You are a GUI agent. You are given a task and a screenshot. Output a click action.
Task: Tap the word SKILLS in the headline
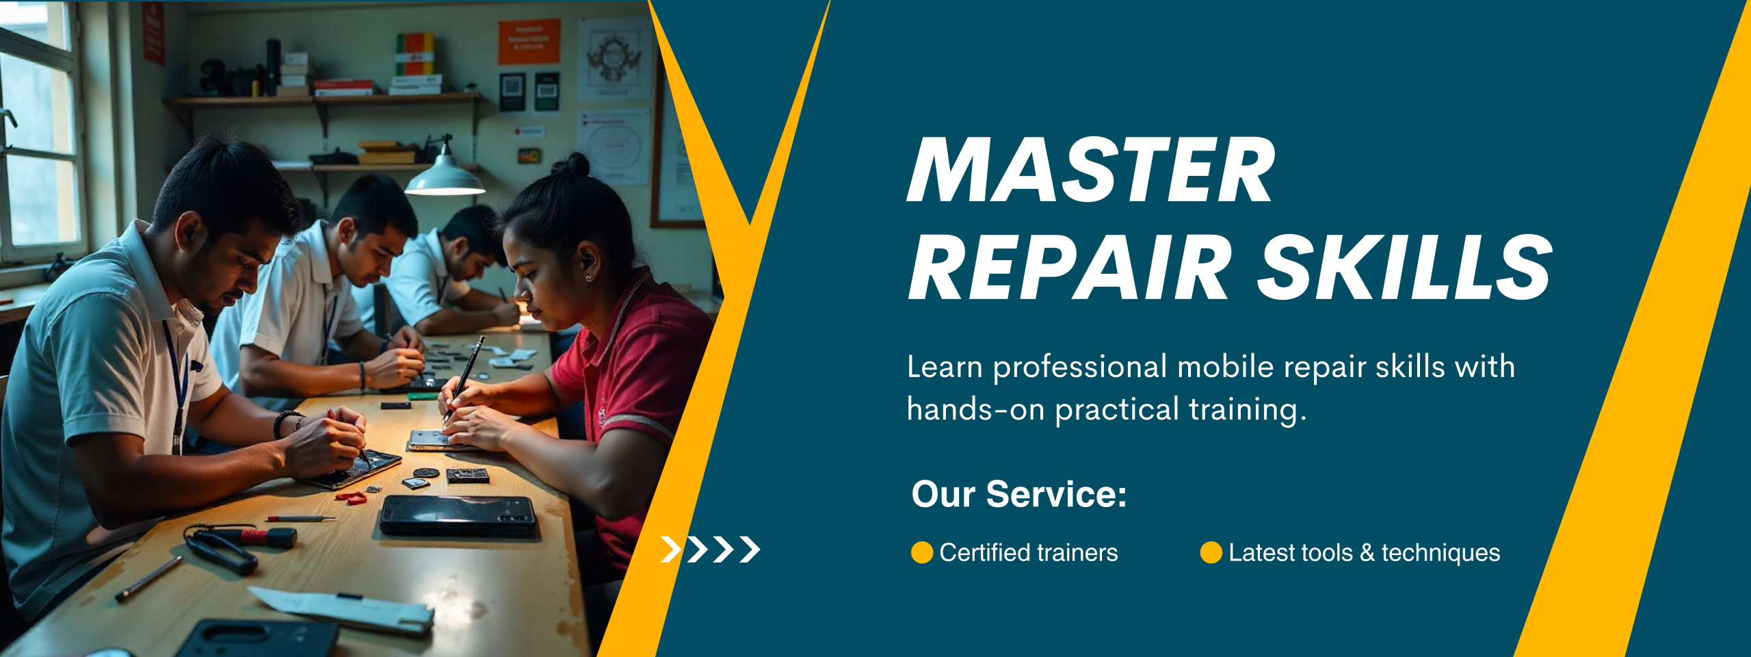1405,267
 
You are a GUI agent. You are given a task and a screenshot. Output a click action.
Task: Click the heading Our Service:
1019,494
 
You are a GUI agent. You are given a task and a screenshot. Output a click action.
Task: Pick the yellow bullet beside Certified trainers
922,552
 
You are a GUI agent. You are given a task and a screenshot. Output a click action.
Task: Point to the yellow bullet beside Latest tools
1211,552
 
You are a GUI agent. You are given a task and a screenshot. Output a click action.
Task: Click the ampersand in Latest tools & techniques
1367,552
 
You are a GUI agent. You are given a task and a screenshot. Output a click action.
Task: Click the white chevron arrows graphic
711,549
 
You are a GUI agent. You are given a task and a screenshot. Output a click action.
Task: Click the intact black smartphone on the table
458,515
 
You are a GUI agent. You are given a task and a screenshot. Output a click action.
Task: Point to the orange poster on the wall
529,42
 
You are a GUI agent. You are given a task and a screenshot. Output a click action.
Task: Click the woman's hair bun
572,165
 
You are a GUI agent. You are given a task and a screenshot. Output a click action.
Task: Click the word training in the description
1248,409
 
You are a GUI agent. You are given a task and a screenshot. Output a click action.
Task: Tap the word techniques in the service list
1440,552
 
